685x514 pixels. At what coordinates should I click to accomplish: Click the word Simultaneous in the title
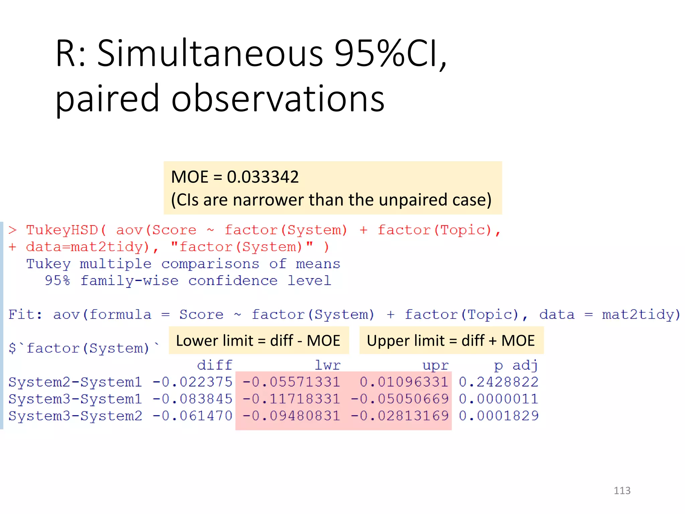coord(210,54)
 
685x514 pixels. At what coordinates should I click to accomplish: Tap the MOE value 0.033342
coord(263,177)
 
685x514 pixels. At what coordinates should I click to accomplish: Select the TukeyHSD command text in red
coord(62,230)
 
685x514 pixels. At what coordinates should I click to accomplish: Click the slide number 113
coord(622,491)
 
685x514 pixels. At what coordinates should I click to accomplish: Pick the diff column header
coord(215,365)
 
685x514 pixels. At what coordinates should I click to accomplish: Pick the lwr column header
coord(327,365)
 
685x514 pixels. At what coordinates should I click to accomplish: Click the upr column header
coord(435,365)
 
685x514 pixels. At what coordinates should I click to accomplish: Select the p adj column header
coord(516,365)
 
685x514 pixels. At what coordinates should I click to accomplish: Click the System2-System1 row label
coord(75,382)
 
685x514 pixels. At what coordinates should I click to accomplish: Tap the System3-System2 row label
coord(75,416)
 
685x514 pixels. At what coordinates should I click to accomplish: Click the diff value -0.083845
coord(193,399)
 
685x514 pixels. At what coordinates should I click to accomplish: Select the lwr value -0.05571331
coord(291,382)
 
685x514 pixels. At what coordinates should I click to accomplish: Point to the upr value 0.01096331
coord(404,382)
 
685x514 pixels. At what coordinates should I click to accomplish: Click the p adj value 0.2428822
coord(498,382)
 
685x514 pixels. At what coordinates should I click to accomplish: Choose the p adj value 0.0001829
coord(498,416)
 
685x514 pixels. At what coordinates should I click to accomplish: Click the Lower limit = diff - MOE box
coord(258,341)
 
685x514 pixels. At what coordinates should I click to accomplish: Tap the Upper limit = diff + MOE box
coord(451,341)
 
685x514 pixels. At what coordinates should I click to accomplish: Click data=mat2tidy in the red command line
coord(87,247)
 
